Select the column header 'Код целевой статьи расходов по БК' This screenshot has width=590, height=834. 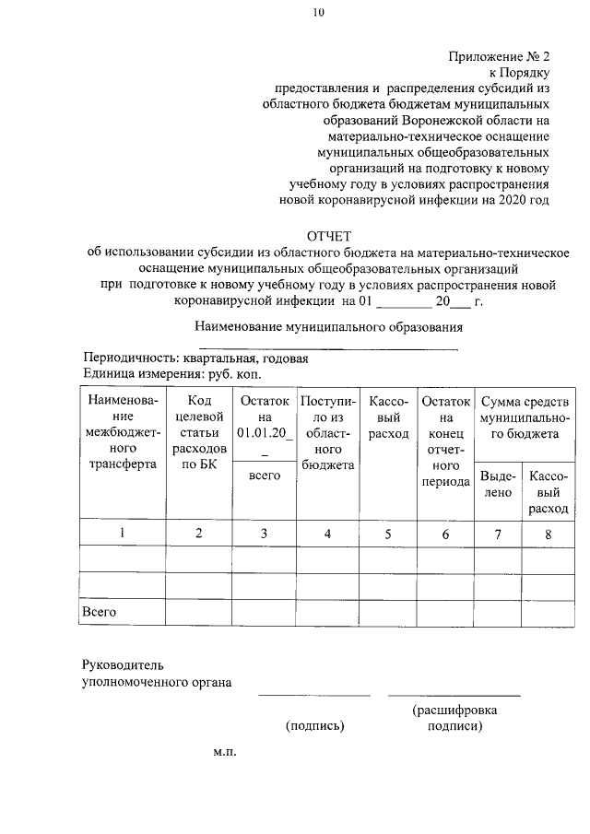(x=198, y=433)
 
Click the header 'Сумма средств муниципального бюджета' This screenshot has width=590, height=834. (x=523, y=417)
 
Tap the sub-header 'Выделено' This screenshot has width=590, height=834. (x=498, y=484)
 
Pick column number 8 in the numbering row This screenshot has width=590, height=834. (x=549, y=534)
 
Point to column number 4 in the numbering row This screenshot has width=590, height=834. (x=327, y=534)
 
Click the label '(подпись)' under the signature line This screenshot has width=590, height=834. (x=315, y=726)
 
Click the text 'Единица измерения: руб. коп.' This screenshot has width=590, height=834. (x=172, y=374)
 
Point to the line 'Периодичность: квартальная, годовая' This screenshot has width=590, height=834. (x=195, y=358)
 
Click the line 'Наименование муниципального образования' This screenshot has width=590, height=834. (x=328, y=326)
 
